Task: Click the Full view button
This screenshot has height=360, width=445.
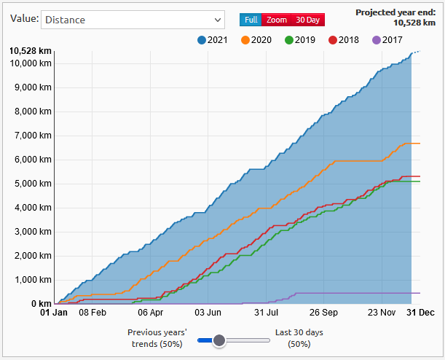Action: (x=251, y=20)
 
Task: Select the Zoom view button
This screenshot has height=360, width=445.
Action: (x=277, y=20)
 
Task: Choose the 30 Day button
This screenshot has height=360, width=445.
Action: (x=308, y=20)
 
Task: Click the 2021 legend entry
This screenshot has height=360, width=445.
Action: (x=213, y=40)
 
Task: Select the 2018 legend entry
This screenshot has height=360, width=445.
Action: (x=344, y=40)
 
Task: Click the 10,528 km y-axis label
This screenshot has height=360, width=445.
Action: (x=30, y=51)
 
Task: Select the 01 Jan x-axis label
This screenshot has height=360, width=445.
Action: (x=54, y=313)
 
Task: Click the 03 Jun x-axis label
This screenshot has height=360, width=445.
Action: (x=209, y=313)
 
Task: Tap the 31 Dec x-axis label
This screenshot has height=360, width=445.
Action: (x=420, y=313)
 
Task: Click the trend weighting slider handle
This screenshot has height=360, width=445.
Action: (x=218, y=339)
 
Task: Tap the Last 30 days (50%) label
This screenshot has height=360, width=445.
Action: (x=299, y=338)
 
